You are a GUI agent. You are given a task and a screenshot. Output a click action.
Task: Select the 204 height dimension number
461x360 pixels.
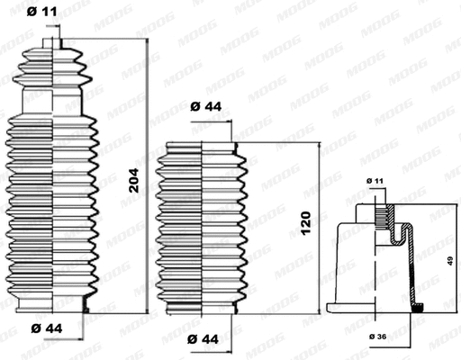pos(132,186)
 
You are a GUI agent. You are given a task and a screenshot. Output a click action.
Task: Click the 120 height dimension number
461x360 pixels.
pos(306,219)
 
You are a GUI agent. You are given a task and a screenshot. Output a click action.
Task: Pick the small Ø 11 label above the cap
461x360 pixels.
pos(375,182)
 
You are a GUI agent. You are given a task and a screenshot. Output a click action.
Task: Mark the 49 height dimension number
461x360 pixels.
pos(448,261)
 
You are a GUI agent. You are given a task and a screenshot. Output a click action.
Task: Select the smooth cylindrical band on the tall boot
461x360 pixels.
pos(54,101)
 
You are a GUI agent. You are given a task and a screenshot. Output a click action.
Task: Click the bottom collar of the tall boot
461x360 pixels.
pos(54,309)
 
